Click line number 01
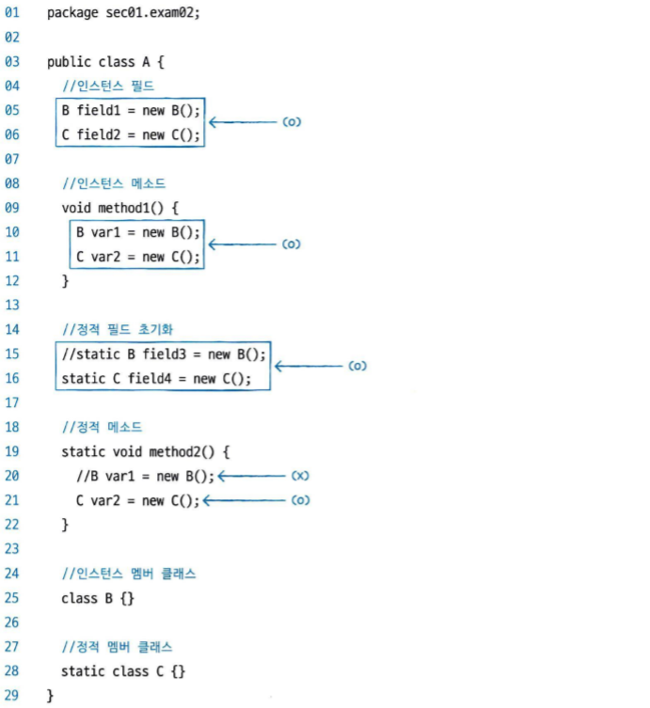click(x=12, y=14)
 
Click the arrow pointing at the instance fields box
click(x=241, y=122)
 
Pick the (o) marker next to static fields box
click(x=357, y=366)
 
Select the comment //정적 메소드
click(x=102, y=427)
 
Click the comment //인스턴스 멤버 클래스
click(x=129, y=574)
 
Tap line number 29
click(x=12, y=695)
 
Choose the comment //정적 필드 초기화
click(x=118, y=330)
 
